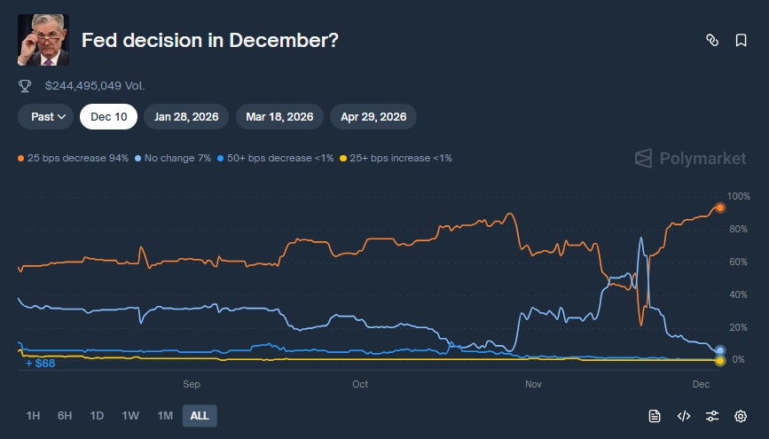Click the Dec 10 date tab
(108, 116)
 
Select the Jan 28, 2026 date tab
(186, 116)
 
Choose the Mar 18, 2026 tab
(279, 116)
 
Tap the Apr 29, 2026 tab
(373, 116)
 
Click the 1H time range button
(33, 415)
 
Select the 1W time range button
(130, 415)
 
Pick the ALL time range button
(200, 415)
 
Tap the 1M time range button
(164, 415)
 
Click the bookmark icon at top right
(741, 40)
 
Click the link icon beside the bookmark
(711, 40)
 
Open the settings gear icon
(741, 415)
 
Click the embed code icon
(683, 415)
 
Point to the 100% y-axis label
(738, 196)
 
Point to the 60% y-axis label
(737, 262)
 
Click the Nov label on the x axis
(533, 384)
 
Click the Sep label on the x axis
(191, 384)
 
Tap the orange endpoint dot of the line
(720, 208)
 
